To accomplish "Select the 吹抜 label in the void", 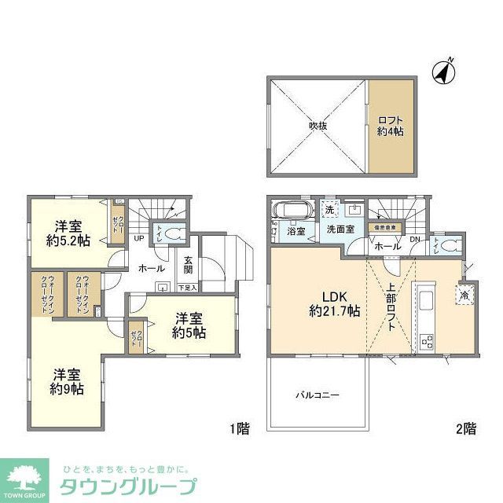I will [318, 125].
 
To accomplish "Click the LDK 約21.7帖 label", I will [332, 304].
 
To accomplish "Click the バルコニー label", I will [318, 395].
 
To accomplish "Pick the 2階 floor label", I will [464, 429].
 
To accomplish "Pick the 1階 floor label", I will [240, 429].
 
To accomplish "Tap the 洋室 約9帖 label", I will [68, 382].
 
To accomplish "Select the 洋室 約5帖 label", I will [190, 325].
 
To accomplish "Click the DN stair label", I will [415, 238].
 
